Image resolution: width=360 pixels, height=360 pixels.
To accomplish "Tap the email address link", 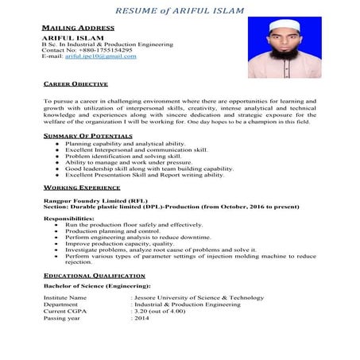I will click(100, 56).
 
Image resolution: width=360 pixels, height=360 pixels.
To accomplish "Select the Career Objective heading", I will click(75, 83).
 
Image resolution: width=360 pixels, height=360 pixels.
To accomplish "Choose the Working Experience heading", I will click(82, 188).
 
